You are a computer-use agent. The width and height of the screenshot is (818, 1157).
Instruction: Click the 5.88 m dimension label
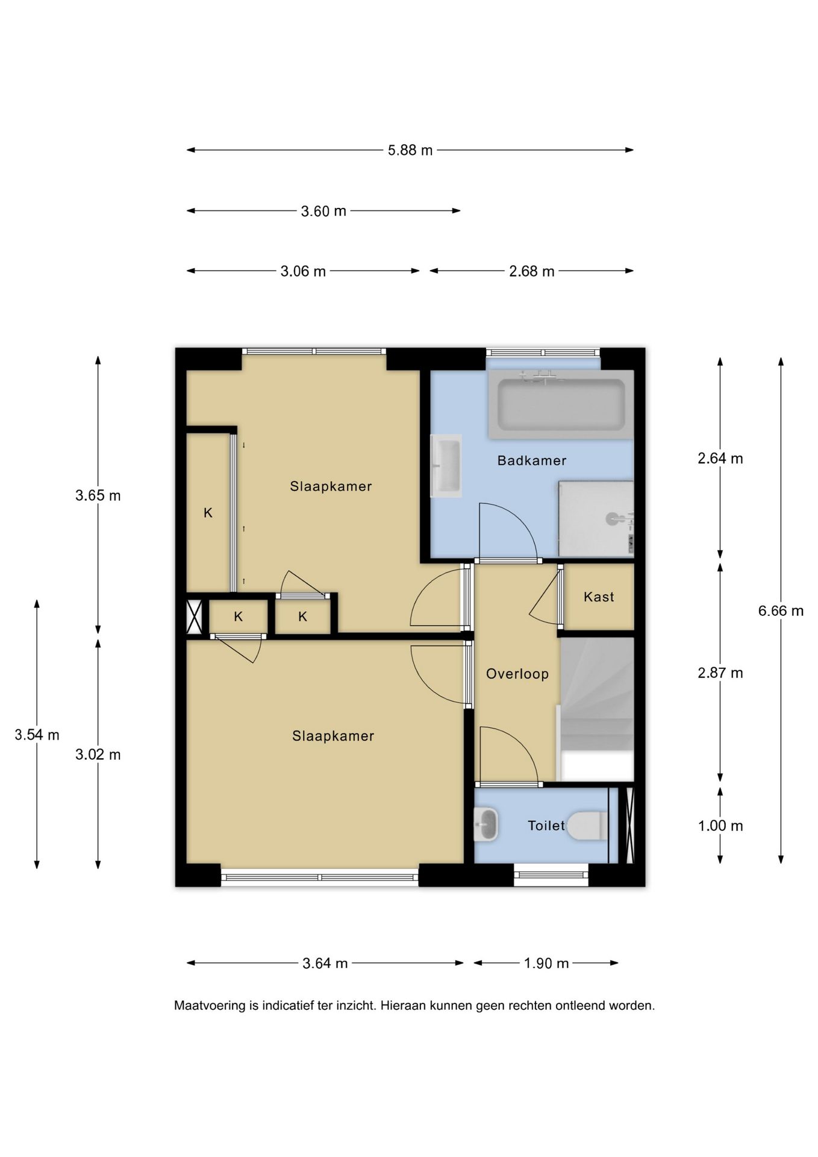coord(410,150)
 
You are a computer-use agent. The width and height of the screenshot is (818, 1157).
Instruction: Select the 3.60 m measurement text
coord(323,211)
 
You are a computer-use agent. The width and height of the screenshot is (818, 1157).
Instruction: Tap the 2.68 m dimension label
coord(531,271)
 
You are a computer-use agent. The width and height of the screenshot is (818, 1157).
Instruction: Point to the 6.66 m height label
coord(781,610)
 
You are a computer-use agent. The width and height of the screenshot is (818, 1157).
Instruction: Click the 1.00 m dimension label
coord(720,826)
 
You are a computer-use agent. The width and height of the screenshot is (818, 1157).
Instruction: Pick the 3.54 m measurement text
coord(37,735)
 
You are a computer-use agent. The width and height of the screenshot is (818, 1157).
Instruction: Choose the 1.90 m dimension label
coord(546,963)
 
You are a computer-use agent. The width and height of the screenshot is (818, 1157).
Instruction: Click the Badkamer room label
coord(532,460)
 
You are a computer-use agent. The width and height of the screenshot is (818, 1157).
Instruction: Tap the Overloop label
coord(517,674)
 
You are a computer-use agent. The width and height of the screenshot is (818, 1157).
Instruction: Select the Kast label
coord(599,597)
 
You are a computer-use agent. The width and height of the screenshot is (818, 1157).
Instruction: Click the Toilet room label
coord(546,826)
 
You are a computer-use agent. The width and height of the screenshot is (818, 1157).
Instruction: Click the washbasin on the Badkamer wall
coord(446,466)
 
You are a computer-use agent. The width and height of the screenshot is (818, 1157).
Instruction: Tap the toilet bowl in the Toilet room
coord(588,826)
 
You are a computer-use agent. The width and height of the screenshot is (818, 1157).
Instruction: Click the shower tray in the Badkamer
coord(596,519)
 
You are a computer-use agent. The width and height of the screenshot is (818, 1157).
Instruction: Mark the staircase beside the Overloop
coord(598,709)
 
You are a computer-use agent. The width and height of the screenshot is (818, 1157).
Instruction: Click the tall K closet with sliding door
coord(208,513)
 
